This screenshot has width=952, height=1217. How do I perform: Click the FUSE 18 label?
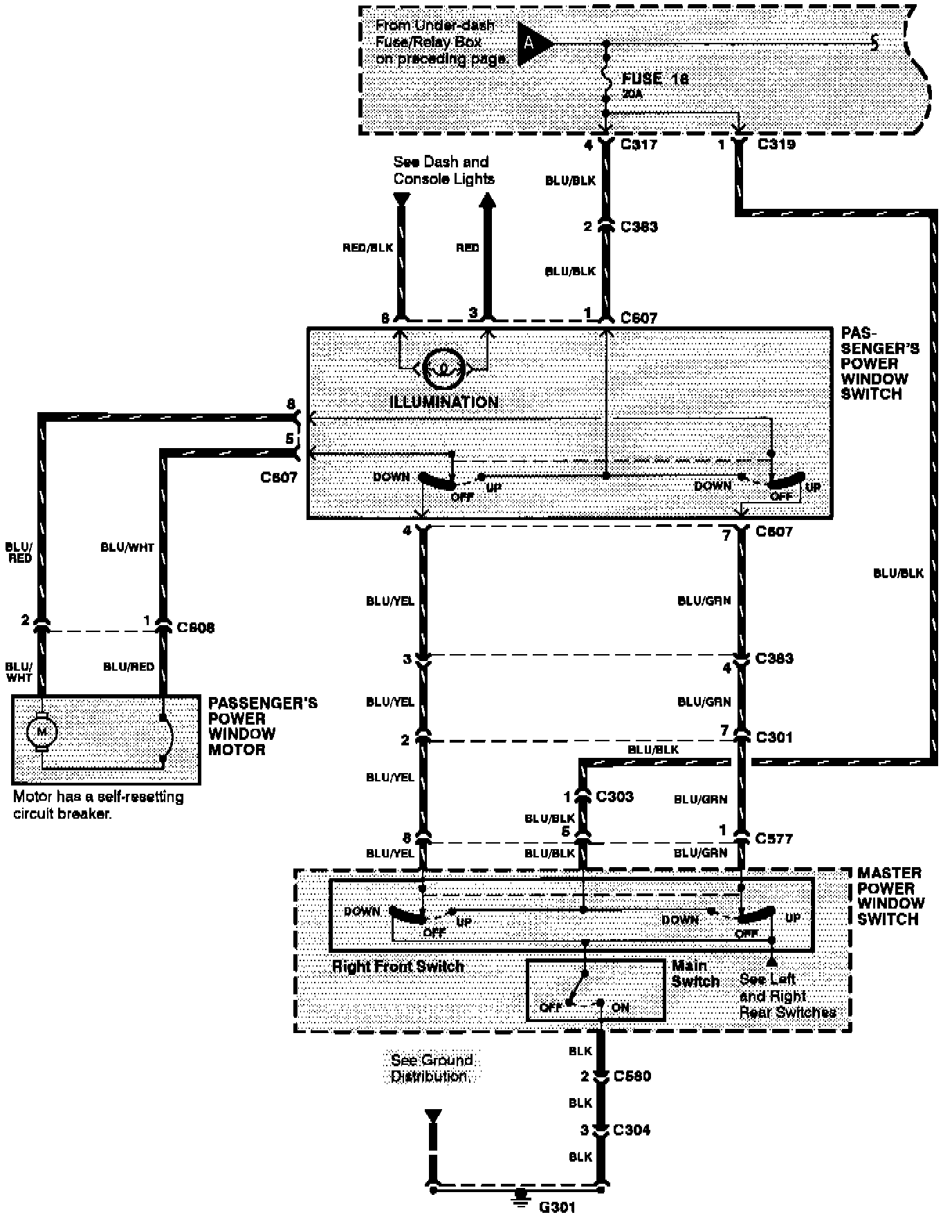pos(654,79)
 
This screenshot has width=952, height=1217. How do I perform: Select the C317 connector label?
pos(639,145)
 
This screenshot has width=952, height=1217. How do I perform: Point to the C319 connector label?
pos(776,145)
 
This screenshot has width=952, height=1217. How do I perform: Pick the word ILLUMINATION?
pos(443,402)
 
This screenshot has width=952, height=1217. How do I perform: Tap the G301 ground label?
pos(557,1207)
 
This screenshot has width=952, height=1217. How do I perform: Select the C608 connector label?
pos(195,627)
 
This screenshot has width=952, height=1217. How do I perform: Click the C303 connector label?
pos(614,796)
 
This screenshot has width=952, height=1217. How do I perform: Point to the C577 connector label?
pos(773,838)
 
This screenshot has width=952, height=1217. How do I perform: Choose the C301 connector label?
pos(774,737)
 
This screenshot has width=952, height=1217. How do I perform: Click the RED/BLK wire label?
pos(367,248)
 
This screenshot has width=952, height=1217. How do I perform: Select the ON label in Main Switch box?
pos(620,1007)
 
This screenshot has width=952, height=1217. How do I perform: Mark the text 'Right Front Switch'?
pos(398,966)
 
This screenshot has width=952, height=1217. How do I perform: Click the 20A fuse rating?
pos(632,94)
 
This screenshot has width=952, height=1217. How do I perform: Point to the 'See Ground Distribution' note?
pos(432,1068)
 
